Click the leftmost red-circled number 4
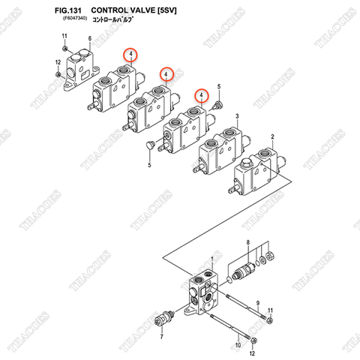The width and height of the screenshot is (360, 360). tap(130, 55)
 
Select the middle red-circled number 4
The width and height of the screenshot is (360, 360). tap(166, 73)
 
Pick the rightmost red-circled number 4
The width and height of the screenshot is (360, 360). tap(200, 94)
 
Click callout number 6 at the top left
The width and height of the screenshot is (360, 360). tap(89, 38)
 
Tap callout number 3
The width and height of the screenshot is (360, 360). tap(237, 116)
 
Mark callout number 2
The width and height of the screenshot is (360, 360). tap(271, 136)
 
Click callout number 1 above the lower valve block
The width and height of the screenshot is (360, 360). tap(212, 259)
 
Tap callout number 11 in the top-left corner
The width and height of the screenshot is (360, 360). tap(64, 36)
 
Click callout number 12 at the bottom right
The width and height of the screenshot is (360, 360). tap(252, 352)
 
